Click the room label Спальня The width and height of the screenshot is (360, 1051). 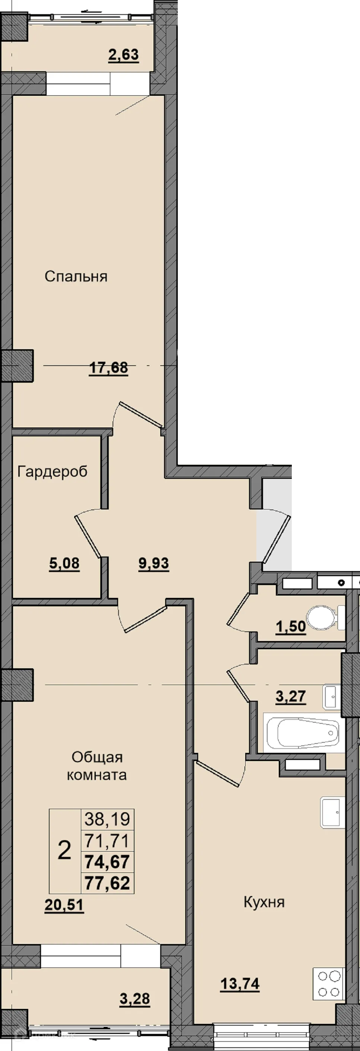point(76,277)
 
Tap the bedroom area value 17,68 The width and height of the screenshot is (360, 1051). point(108,368)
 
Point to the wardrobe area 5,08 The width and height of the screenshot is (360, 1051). point(64,564)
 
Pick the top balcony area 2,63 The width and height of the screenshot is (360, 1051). point(124,54)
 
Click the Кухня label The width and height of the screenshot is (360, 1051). point(264,902)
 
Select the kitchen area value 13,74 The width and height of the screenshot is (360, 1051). point(240,984)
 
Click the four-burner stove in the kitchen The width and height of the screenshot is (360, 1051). point(329,984)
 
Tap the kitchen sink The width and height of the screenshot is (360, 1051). point(333,812)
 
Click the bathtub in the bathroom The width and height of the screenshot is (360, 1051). point(304,732)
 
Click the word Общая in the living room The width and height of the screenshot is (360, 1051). point(97,757)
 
